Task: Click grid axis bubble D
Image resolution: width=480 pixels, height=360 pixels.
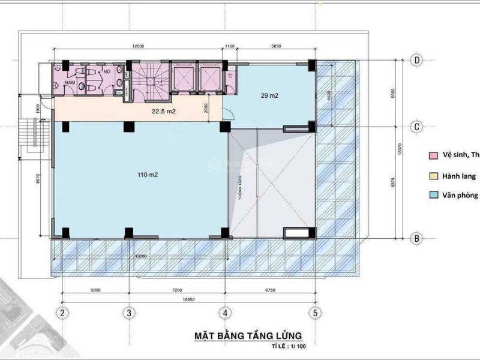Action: tap(415, 60)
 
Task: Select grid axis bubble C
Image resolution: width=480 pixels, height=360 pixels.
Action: tap(415, 127)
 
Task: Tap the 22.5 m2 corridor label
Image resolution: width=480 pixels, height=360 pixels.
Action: tap(162, 110)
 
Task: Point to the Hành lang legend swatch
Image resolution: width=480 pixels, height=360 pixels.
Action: tap(432, 176)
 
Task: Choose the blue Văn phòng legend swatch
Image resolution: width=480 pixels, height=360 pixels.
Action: tap(432, 195)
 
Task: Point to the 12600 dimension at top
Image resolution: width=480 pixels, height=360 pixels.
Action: tap(140, 46)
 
